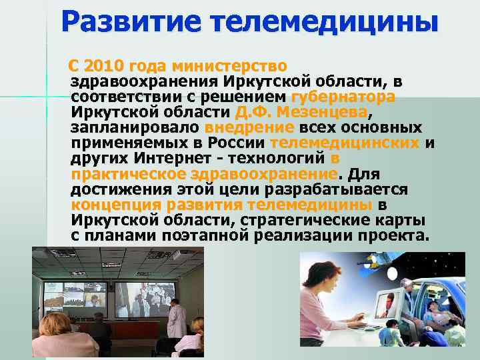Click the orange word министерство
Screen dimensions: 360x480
point(229,67)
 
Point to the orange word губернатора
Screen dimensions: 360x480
point(343,96)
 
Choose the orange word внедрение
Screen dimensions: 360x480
point(249,127)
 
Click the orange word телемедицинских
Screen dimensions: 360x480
point(345,143)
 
